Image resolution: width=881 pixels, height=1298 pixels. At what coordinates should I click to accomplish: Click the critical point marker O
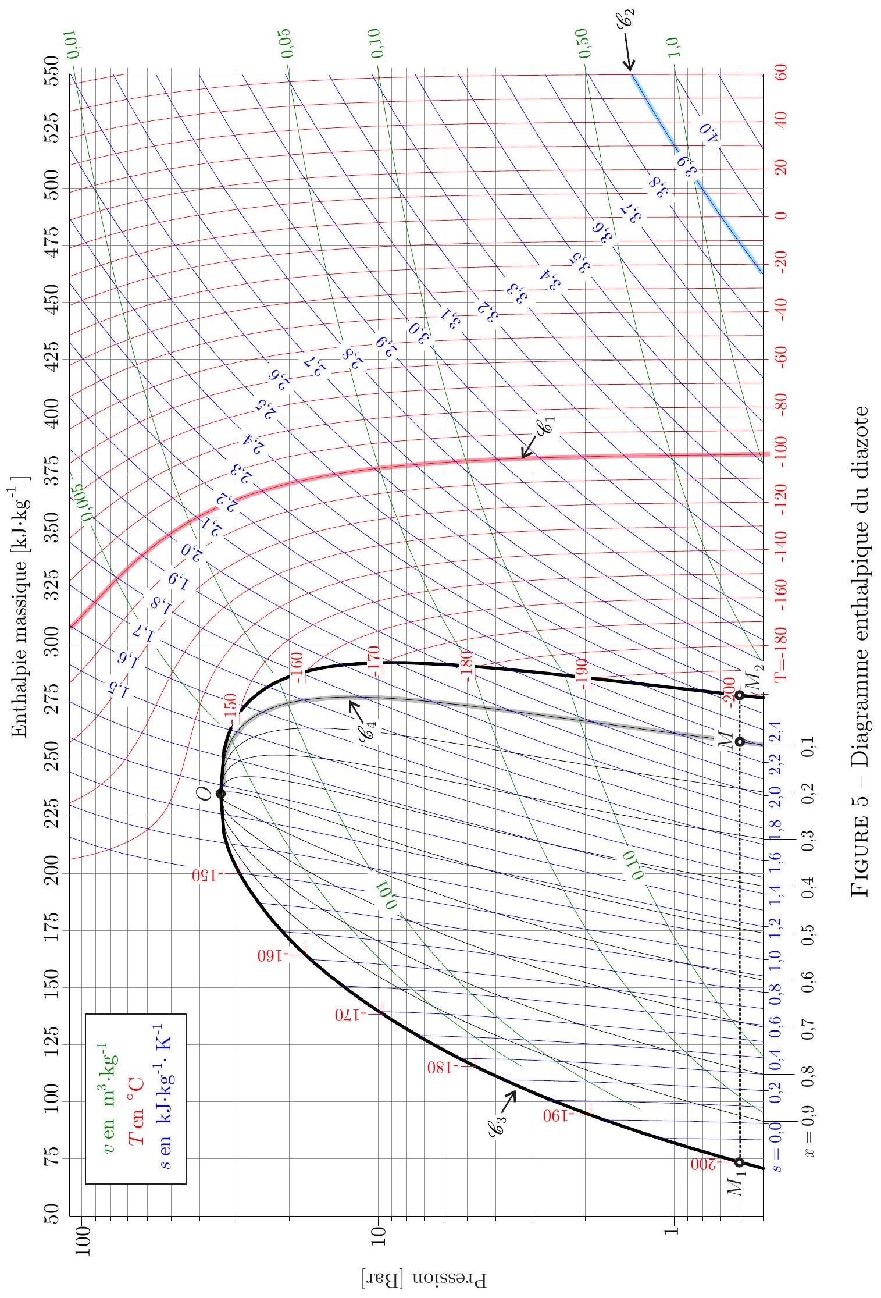coord(221,793)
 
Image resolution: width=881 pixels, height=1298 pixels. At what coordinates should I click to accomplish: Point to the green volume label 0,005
coord(87,500)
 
